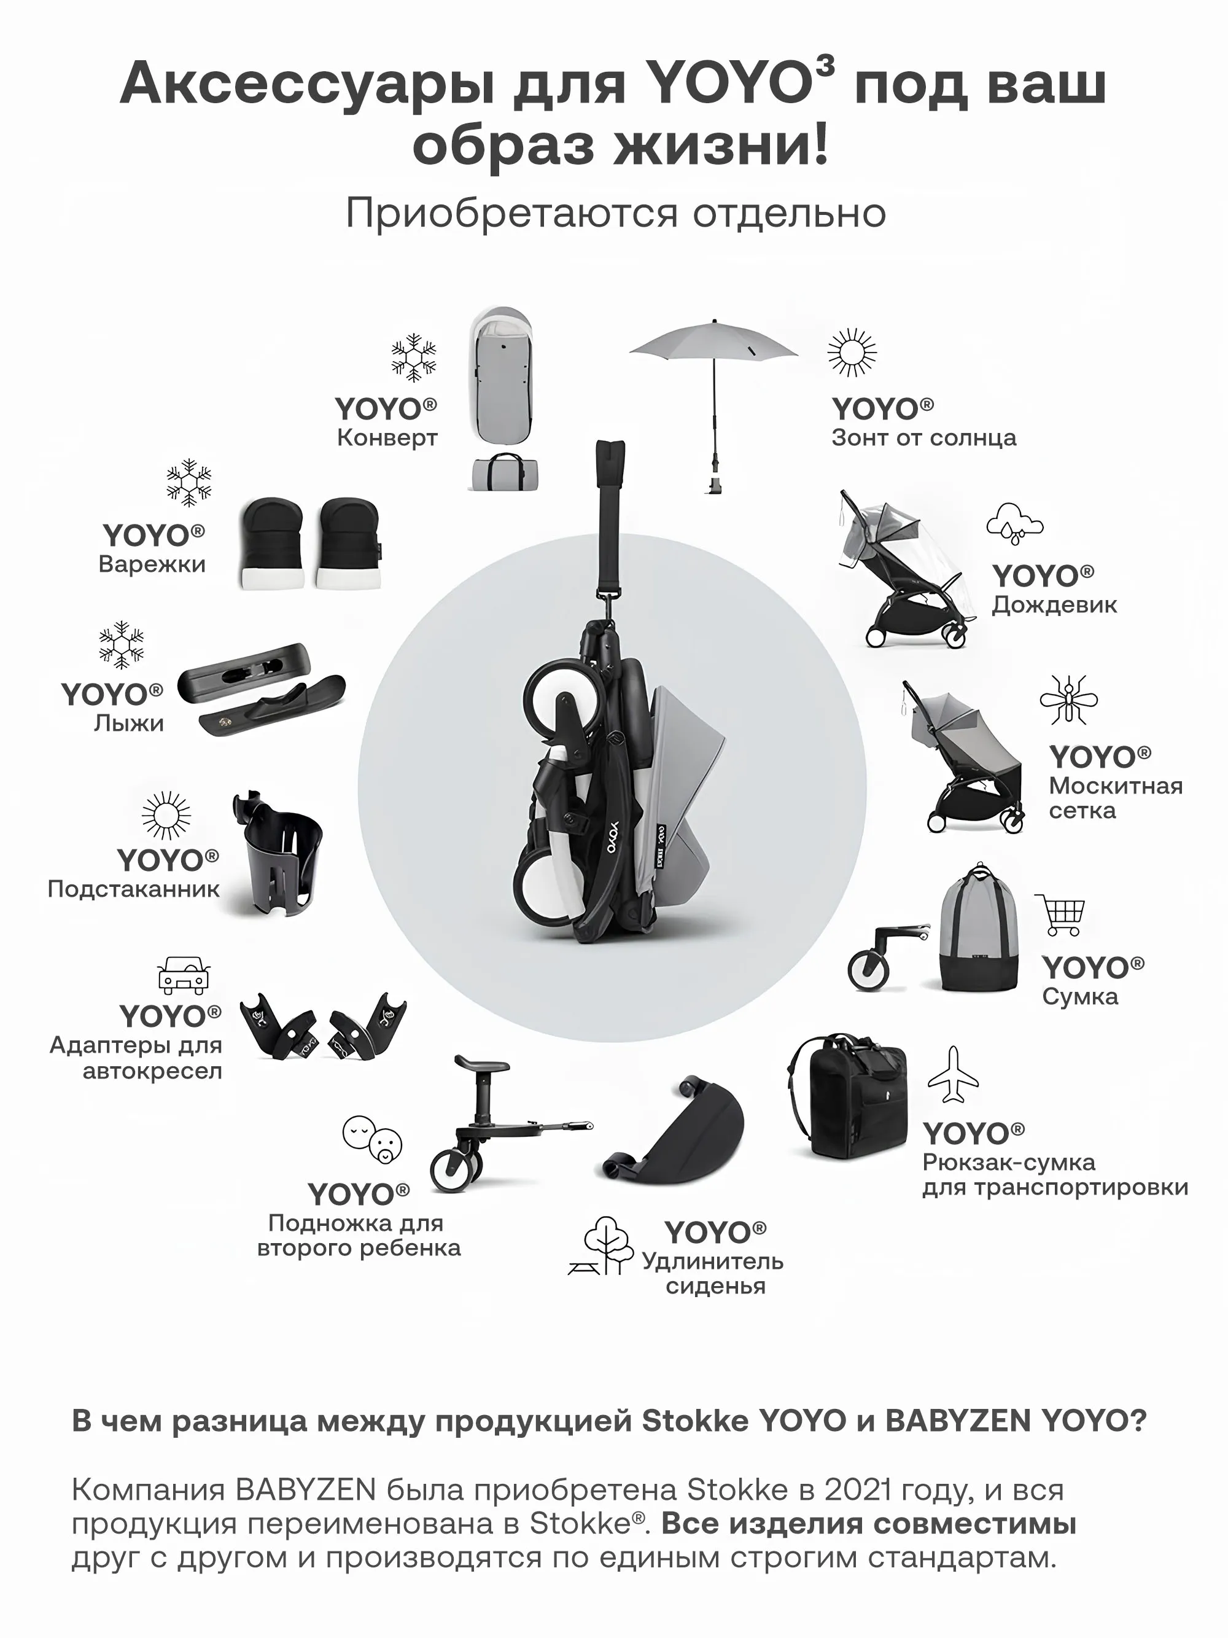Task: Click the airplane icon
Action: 954,1075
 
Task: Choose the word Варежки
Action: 152,564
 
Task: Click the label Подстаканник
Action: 133,889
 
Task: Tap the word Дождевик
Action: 1054,604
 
